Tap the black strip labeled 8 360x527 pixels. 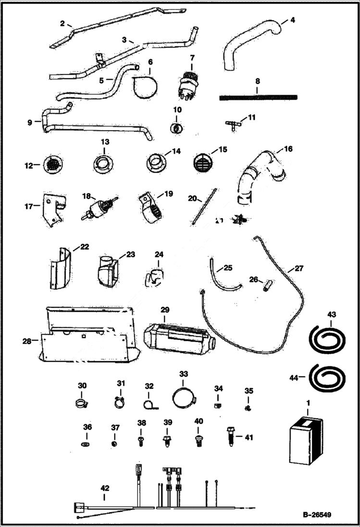tap(258, 97)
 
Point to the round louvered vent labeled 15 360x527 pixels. tap(202, 163)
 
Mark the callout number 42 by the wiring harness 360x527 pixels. tap(105, 488)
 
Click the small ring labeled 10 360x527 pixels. tap(176, 129)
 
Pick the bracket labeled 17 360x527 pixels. tap(53, 209)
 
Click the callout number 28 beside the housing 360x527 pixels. tap(27, 341)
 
